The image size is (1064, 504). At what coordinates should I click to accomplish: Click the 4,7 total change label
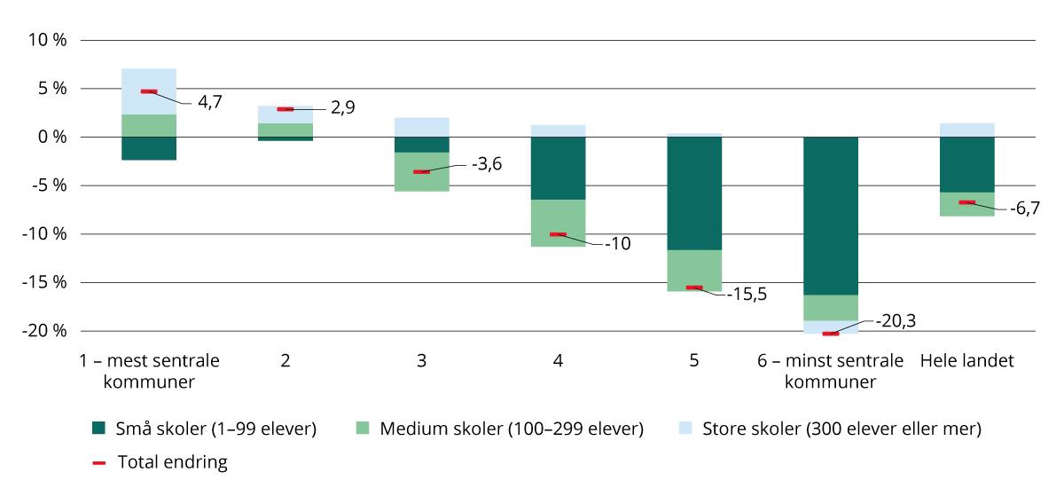pos(210,102)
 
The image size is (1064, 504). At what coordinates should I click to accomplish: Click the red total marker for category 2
pos(285,109)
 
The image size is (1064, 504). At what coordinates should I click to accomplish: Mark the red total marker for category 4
pos(558,234)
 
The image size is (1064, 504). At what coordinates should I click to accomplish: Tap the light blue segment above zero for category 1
pos(149,91)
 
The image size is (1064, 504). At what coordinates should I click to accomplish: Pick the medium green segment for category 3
pos(421,172)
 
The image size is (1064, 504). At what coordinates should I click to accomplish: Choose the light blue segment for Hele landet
pos(966,130)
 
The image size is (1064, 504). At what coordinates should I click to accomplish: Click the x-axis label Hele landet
pos(966,361)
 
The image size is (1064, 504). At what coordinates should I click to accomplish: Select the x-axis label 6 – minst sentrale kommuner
pos(830,371)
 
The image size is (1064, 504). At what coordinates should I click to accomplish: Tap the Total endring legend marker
pos(99,462)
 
